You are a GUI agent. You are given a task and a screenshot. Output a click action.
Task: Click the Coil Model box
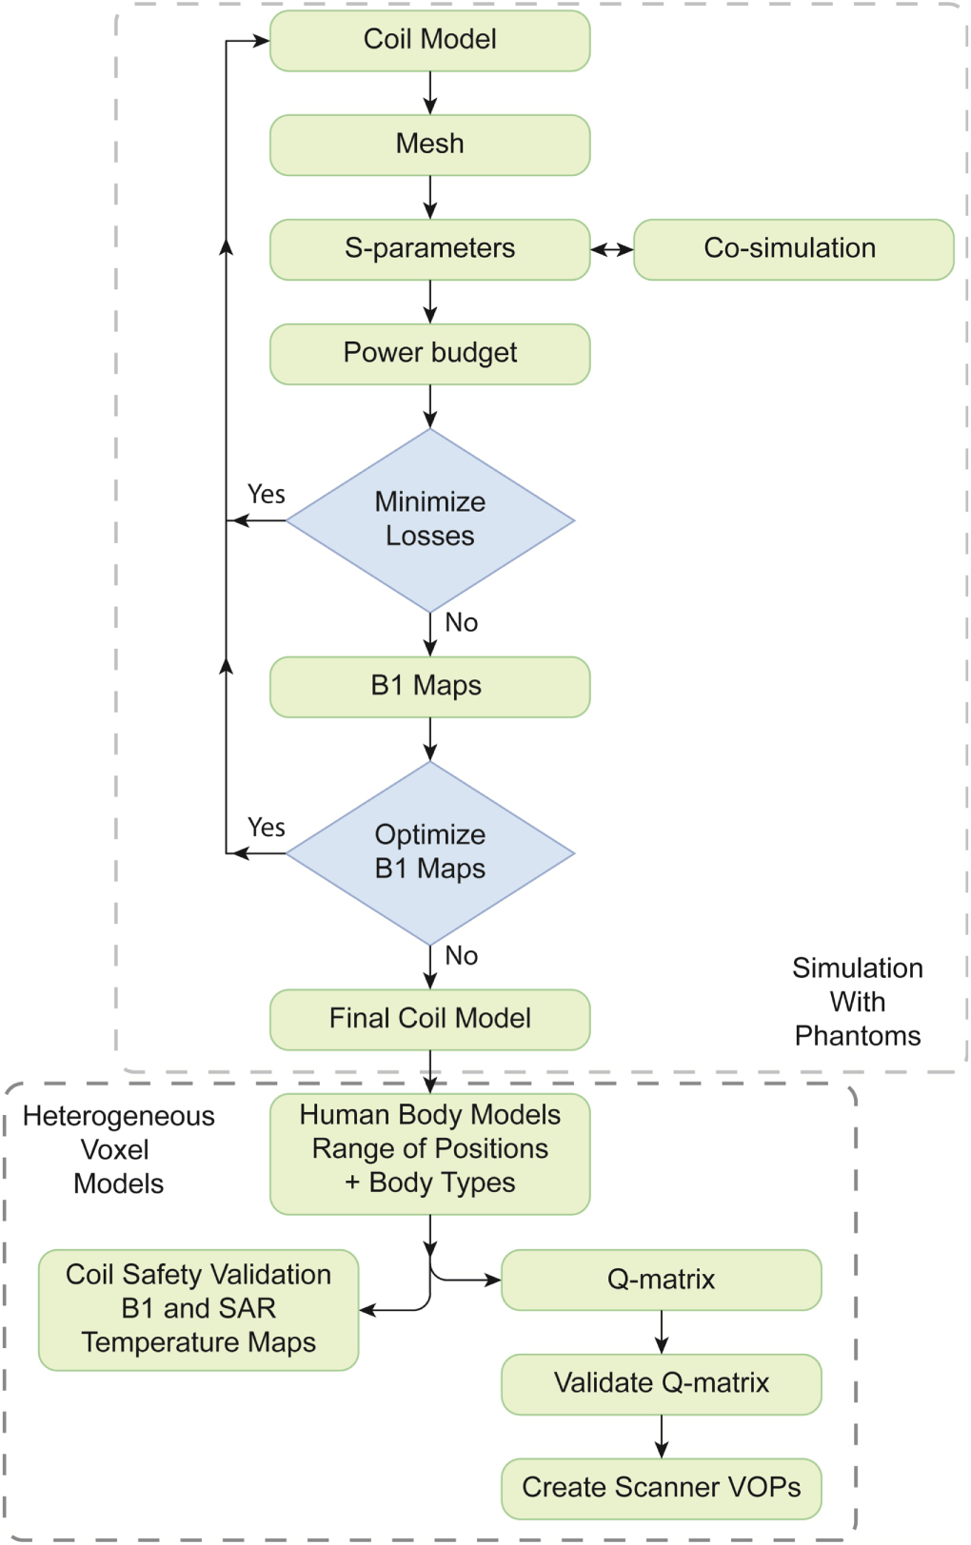(x=429, y=40)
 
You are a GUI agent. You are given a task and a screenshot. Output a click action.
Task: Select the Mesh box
(x=429, y=145)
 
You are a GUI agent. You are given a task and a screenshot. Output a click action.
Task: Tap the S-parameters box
(x=429, y=249)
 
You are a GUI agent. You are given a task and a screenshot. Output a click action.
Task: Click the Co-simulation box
(x=792, y=249)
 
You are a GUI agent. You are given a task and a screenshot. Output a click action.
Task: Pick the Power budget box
(x=429, y=354)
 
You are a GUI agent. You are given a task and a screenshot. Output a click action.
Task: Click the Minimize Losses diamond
(x=429, y=519)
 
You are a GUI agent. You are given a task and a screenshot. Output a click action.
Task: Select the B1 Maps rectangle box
(x=429, y=686)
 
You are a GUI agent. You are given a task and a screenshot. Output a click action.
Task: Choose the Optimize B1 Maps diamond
(x=429, y=852)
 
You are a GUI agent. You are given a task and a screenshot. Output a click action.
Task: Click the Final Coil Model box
(x=429, y=1019)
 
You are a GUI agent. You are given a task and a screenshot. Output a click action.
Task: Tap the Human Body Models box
(x=429, y=1152)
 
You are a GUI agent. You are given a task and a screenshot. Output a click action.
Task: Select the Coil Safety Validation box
(x=198, y=1309)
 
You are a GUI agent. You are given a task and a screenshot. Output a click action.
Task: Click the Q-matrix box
(x=661, y=1280)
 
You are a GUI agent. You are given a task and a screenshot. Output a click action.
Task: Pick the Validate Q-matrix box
(x=661, y=1383)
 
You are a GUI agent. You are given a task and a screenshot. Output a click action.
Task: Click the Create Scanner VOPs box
(x=661, y=1488)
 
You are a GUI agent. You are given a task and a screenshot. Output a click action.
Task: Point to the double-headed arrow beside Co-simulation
(x=611, y=249)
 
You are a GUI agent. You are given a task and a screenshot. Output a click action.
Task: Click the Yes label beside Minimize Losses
(x=266, y=495)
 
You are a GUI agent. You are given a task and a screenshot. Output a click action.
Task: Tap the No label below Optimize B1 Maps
(x=461, y=956)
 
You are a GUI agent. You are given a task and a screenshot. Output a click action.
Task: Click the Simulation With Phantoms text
(x=857, y=1002)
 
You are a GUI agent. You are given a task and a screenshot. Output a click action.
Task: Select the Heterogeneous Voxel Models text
(x=118, y=1150)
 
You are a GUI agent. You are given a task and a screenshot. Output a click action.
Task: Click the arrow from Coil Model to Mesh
(x=429, y=93)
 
